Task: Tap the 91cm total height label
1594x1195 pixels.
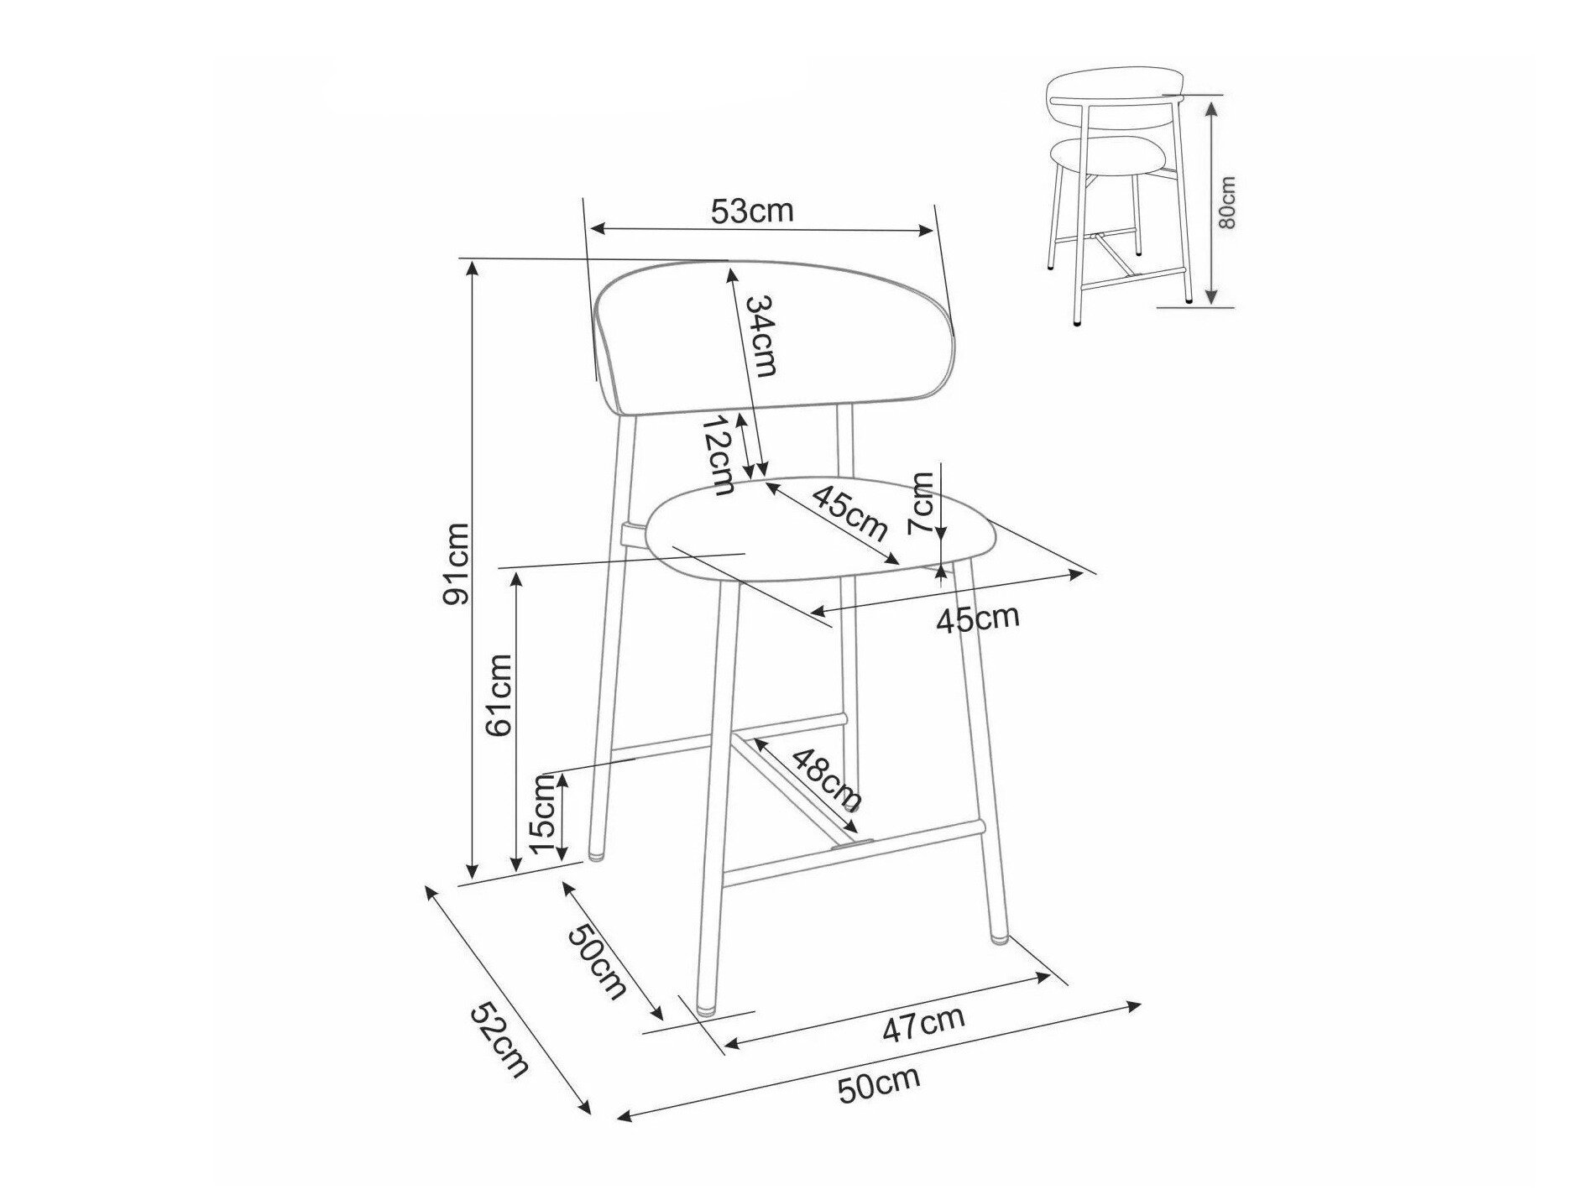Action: [x=457, y=563]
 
